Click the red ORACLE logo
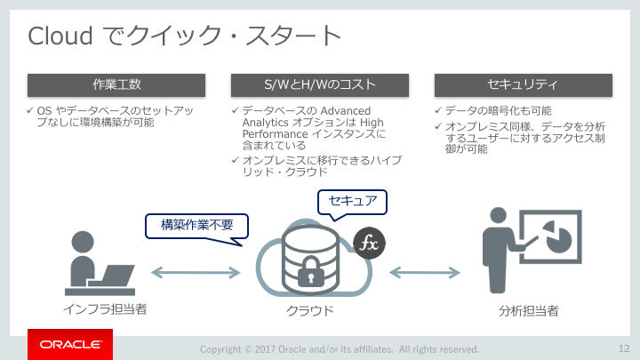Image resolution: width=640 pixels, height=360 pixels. coord(70,345)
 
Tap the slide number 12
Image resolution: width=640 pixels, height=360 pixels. coord(624,348)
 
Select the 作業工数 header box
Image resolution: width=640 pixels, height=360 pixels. coord(116,85)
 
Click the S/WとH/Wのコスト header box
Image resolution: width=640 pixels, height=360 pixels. coord(320,85)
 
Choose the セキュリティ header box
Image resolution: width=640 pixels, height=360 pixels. coord(524,85)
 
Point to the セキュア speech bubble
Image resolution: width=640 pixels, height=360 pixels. coord(352,201)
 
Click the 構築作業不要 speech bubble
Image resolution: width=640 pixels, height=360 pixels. coord(196,226)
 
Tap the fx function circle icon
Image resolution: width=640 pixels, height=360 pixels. coord(369,244)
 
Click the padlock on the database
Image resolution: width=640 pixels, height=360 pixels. coord(310,271)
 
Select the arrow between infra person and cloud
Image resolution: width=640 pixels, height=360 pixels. coord(196,272)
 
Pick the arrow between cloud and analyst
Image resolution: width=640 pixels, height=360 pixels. coord(425,272)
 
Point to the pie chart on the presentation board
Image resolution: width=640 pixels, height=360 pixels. coord(558,236)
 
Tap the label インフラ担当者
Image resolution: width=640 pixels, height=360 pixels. coord(105,309)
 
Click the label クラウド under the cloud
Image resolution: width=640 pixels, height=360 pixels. coord(310,310)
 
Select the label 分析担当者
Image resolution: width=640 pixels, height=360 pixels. coord(529,311)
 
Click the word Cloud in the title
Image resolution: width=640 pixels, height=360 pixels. coord(60,36)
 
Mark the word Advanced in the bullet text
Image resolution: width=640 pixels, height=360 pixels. coord(345,111)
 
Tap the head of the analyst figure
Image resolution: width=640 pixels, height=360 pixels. coord(498,215)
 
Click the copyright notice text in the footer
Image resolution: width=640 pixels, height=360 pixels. coord(340,349)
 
